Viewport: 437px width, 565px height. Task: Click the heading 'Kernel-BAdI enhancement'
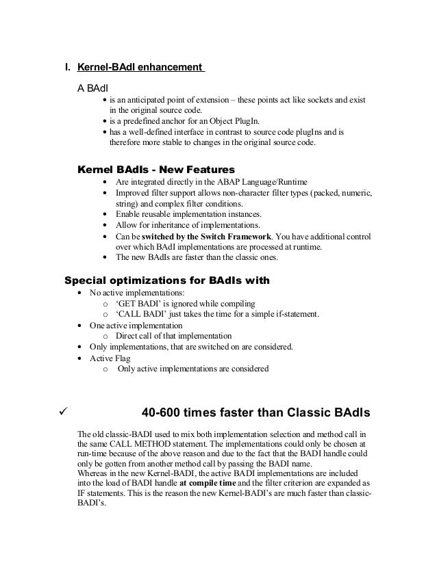point(140,68)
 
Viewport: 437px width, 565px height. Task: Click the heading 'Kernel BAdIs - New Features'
point(158,168)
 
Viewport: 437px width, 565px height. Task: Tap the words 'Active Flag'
point(112,358)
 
